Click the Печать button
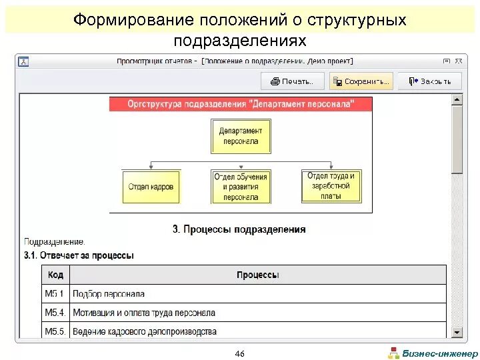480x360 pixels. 292,81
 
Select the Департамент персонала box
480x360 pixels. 241,136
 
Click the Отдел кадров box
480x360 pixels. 151,187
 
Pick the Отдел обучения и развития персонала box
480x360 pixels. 241,187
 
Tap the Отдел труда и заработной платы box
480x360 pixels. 331,185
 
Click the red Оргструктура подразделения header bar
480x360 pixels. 241,103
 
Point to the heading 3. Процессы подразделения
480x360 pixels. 239,229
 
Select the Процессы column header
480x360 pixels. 257,275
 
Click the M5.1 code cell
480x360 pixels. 55,293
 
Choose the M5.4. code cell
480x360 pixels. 55,312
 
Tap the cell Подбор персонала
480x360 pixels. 108,293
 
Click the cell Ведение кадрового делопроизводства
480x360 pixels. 144,331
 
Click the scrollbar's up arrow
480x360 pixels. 457,99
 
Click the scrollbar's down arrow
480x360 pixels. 457,331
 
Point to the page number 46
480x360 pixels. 240,353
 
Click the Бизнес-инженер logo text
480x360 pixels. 440,353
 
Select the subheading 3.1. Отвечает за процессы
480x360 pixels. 79,255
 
